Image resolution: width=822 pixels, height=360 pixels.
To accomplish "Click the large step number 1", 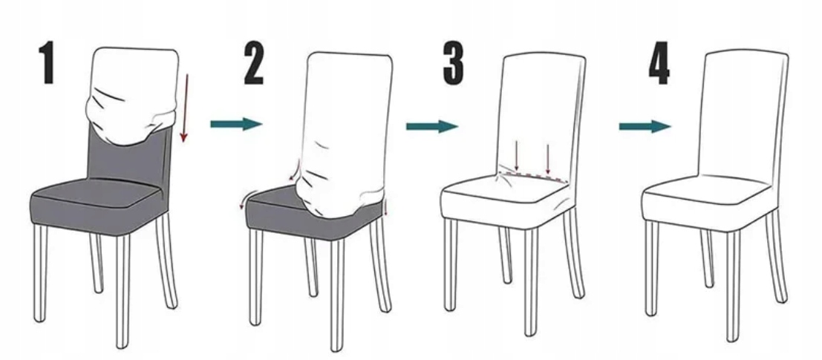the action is point(48,63).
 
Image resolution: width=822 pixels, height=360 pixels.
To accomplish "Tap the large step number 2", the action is point(254,64).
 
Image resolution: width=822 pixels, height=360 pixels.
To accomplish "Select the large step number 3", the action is point(454,64).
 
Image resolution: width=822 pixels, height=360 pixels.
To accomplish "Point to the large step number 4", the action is point(659,64).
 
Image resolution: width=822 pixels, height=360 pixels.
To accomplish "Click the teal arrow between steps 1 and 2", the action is point(236,124).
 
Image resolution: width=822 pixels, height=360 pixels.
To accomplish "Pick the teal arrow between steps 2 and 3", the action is point(432,126).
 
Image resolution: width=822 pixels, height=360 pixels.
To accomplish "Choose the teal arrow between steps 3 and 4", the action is point(645,126).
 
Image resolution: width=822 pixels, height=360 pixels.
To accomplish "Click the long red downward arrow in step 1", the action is point(185,108).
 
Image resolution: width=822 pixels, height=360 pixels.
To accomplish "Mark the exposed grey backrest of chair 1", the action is point(128,160).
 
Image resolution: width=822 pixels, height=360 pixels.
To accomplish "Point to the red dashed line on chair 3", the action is point(534,176).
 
